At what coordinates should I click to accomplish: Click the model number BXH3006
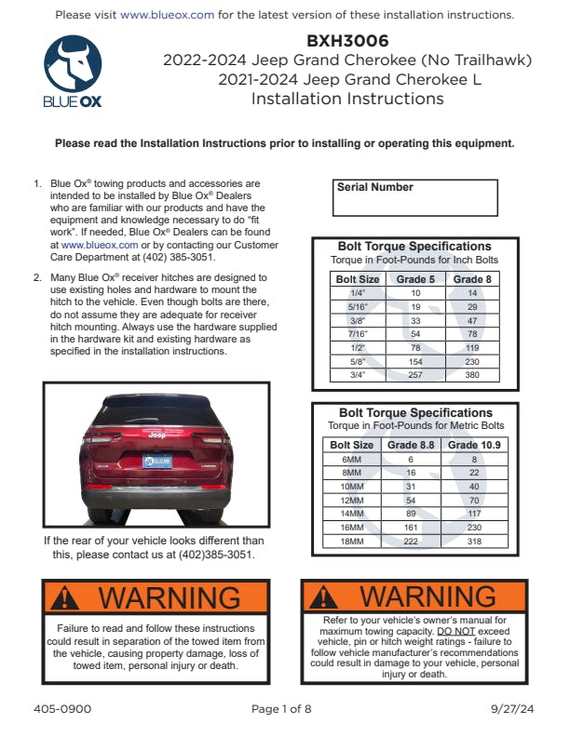347,41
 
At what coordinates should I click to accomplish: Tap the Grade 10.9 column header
474,446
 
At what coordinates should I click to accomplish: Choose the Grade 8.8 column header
411,446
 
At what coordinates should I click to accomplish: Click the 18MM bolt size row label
352,542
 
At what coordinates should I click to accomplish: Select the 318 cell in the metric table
474,542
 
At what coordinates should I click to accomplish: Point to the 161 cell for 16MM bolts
411,528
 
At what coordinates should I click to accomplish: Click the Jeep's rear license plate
156,462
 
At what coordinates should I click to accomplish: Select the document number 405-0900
68,709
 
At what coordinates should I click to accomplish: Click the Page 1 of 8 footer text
281,709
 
